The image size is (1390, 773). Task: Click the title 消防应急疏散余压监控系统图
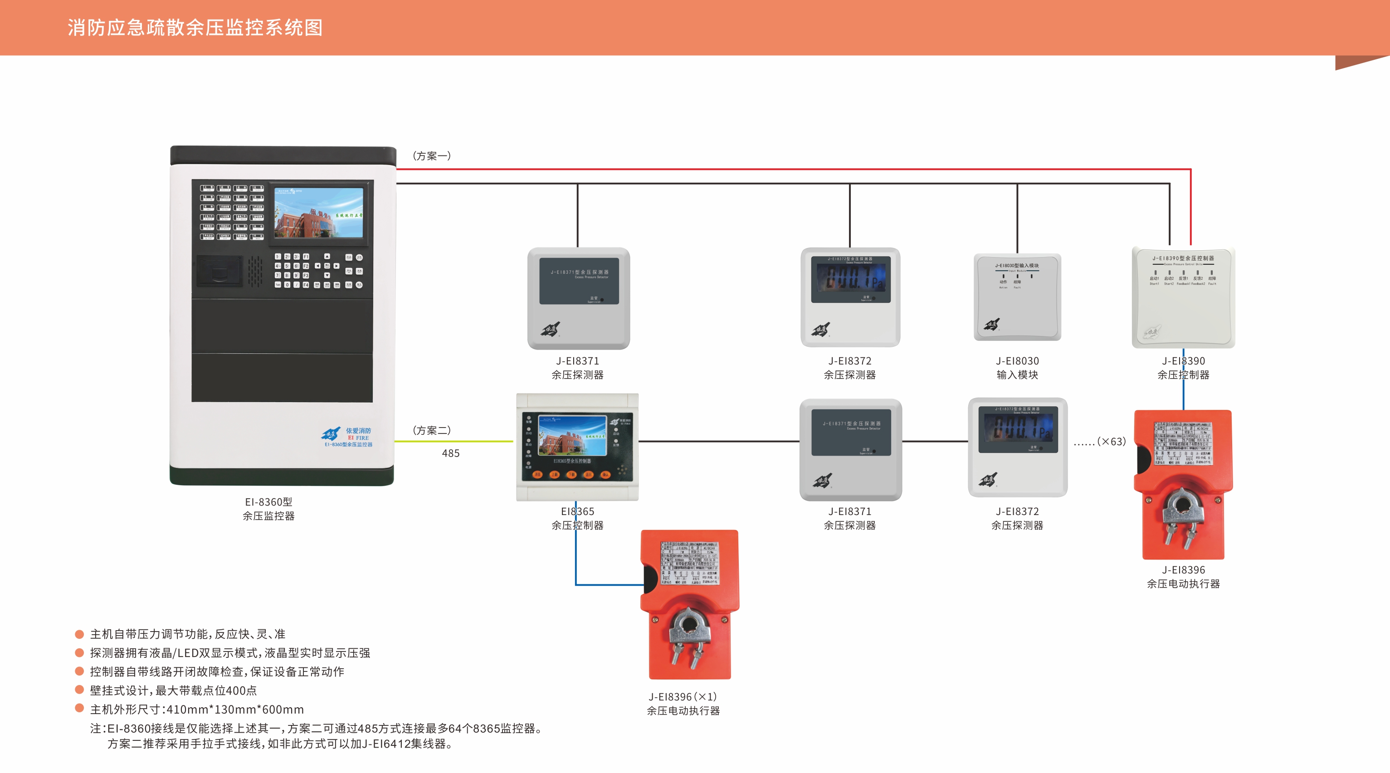point(195,28)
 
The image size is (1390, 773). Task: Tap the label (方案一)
point(432,156)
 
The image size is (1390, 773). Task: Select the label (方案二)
point(432,430)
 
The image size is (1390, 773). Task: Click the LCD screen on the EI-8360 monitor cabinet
point(318,213)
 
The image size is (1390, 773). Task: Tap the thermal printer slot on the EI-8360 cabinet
point(219,271)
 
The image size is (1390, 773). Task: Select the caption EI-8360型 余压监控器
point(268,509)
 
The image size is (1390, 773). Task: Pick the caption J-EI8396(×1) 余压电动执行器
point(683,704)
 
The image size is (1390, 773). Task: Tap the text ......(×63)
point(1100,442)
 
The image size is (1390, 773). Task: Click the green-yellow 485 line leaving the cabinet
point(453,441)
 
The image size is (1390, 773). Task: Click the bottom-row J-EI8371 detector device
point(850,449)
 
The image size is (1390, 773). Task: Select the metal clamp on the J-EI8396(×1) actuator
point(689,631)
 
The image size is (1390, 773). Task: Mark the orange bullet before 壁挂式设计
point(79,690)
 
